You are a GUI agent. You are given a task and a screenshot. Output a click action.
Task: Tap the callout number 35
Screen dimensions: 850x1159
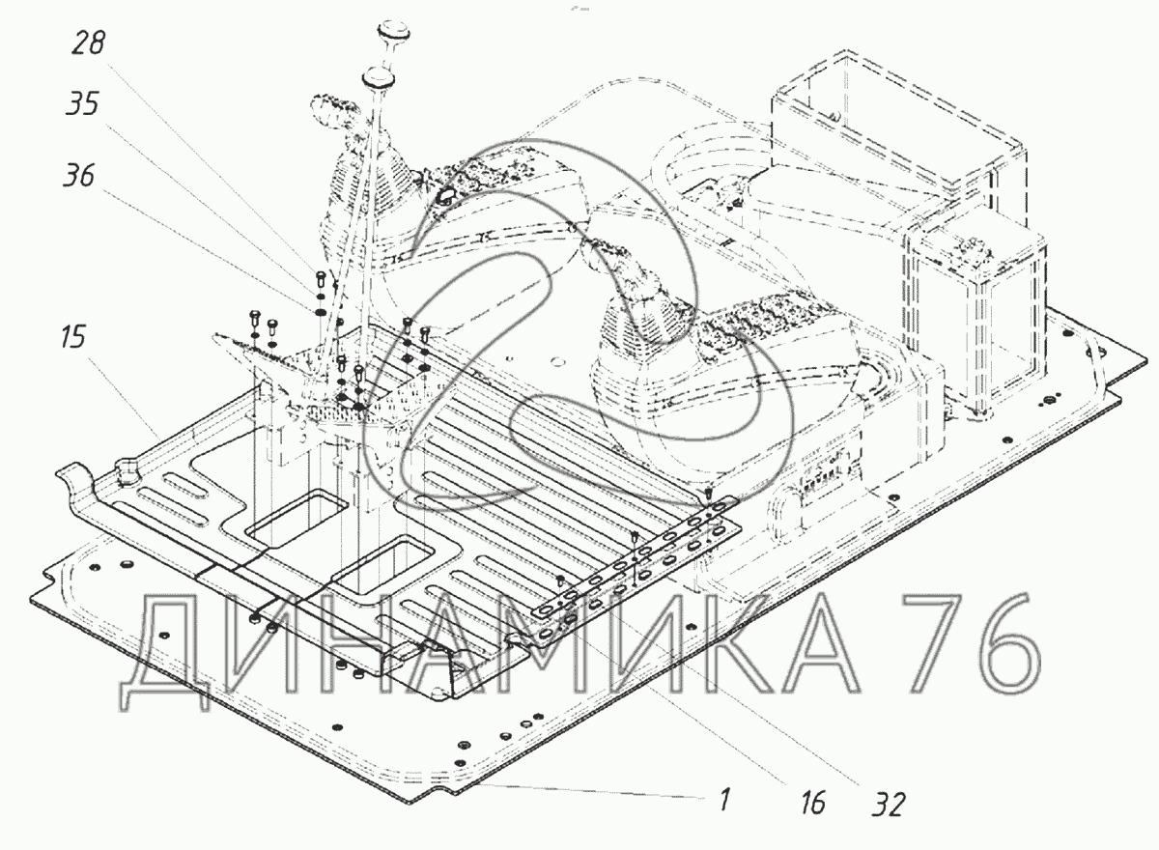(82, 104)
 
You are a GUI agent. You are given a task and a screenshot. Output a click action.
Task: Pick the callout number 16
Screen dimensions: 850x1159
(813, 801)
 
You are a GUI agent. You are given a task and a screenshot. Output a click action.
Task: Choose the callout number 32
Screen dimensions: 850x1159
(888, 803)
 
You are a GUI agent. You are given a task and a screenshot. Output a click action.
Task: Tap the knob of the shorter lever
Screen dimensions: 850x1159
(376, 76)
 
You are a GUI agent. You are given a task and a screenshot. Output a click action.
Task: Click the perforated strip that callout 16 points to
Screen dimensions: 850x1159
(637, 570)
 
